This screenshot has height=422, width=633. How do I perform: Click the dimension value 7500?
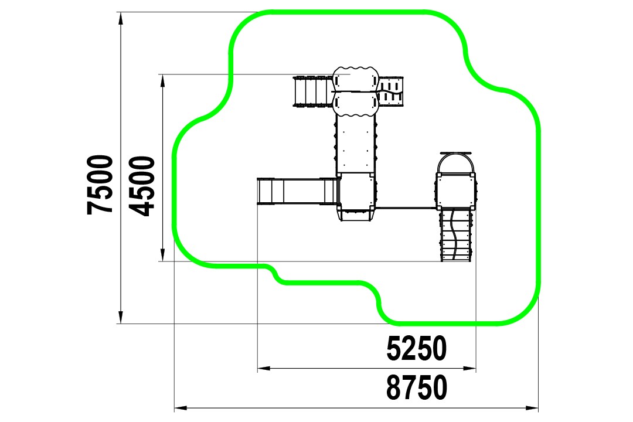[x=100, y=185]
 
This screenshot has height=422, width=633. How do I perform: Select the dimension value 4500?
[x=142, y=186]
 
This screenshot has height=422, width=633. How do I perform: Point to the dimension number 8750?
[x=417, y=387]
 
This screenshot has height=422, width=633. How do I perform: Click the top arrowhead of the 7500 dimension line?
[x=120, y=18]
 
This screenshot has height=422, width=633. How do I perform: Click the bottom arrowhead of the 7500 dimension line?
[x=120, y=318]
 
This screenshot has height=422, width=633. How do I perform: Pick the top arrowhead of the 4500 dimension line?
[x=162, y=80]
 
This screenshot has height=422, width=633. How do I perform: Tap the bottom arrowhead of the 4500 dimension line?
[x=162, y=255]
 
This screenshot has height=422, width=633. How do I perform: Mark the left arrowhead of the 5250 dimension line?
[x=264, y=368]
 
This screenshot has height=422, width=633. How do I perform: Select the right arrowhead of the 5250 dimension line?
[x=469, y=368]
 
